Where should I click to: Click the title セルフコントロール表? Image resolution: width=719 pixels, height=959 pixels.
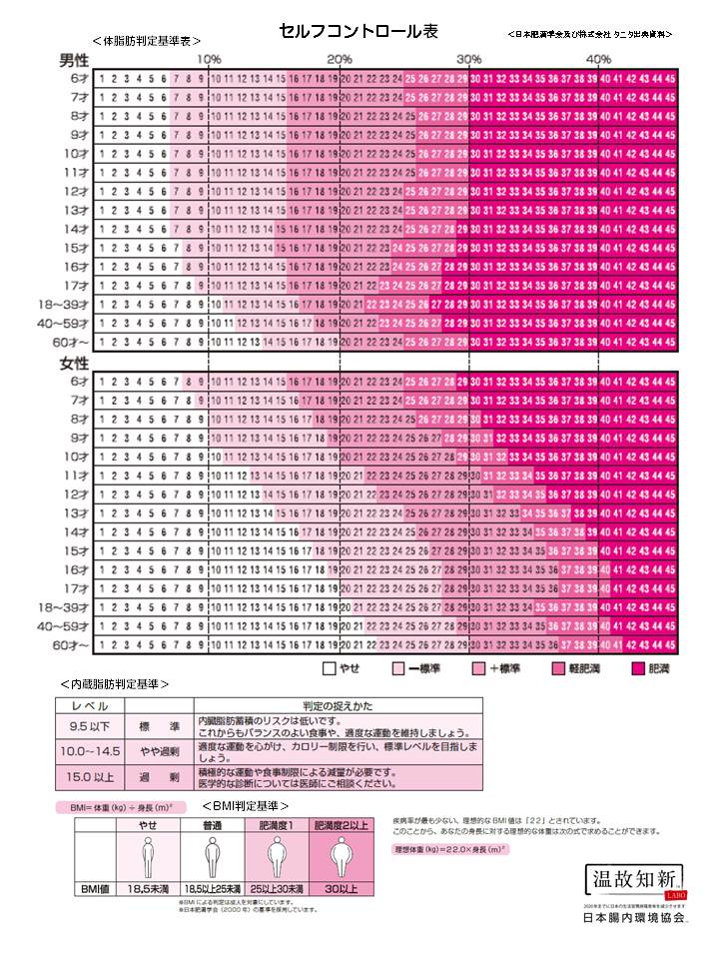pyautogui.click(x=359, y=33)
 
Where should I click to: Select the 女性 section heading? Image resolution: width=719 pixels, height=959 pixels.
pyautogui.click(x=75, y=363)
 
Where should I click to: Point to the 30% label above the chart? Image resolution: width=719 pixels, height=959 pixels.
pyautogui.click(x=469, y=59)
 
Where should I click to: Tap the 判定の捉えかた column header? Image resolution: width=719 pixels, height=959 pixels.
pyautogui.click(x=338, y=706)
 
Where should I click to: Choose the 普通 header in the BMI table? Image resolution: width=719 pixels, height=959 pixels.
pyautogui.click(x=213, y=825)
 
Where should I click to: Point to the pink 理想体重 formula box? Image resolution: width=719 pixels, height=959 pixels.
pyautogui.click(x=450, y=848)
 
